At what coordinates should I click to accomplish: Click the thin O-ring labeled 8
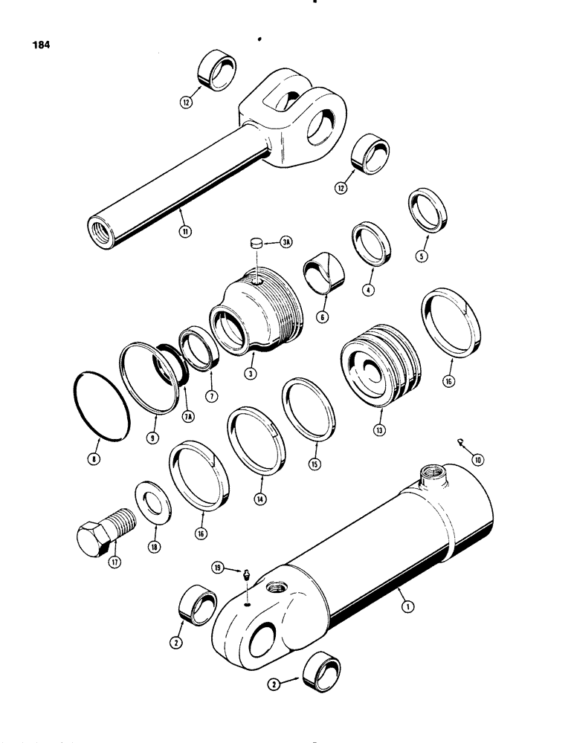point(99,408)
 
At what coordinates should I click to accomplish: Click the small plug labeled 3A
point(255,241)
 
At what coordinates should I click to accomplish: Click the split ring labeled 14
point(256,438)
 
